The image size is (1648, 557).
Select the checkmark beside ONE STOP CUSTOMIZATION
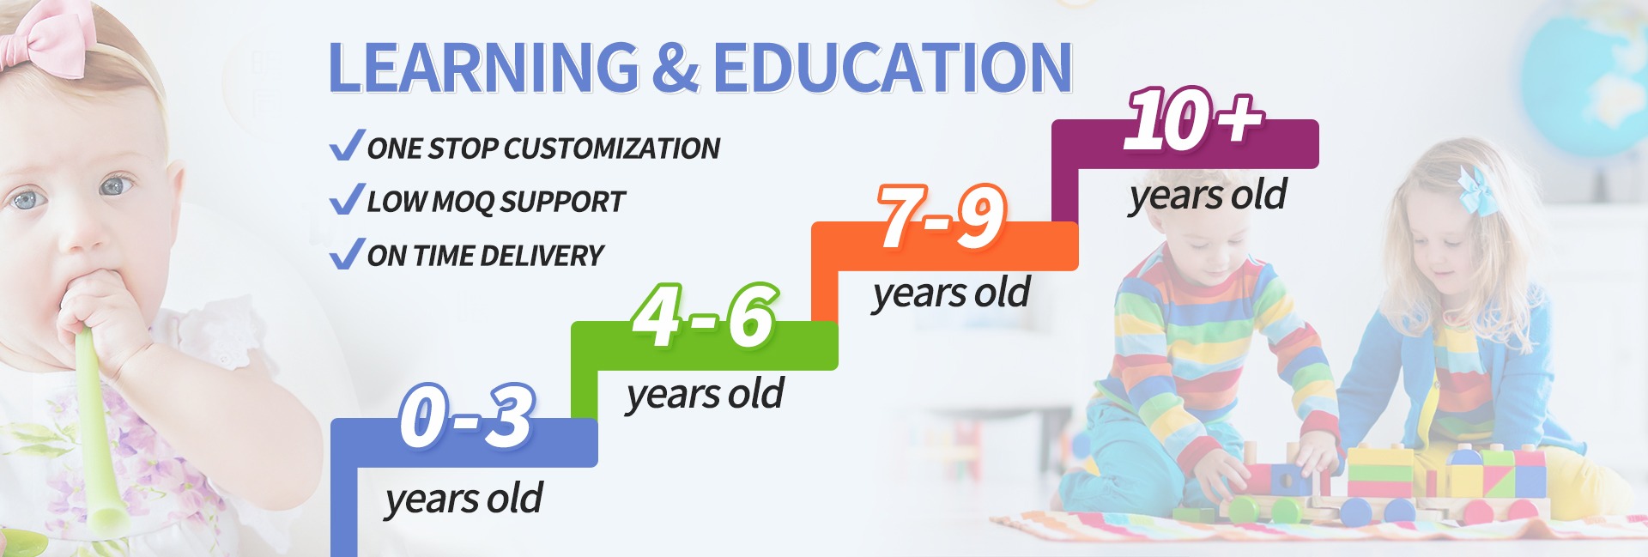pyautogui.click(x=347, y=146)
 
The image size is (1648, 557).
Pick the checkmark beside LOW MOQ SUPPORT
pyautogui.click(x=347, y=200)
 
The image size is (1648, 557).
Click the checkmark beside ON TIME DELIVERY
pyautogui.click(x=347, y=254)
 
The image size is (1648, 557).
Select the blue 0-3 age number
pyautogui.click(x=468, y=416)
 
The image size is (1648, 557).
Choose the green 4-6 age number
pyautogui.click(x=705, y=317)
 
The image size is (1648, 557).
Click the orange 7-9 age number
pyautogui.click(x=942, y=217)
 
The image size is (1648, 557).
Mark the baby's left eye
pyautogui.click(x=115, y=185)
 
